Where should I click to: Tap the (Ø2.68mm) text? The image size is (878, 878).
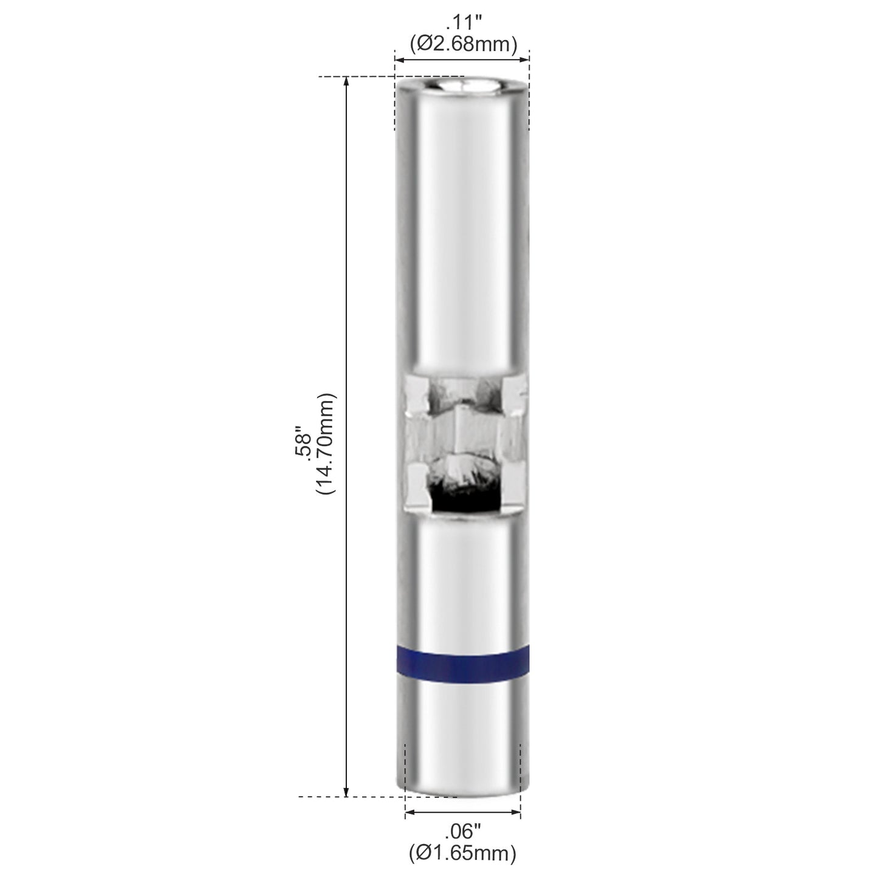pyautogui.click(x=464, y=44)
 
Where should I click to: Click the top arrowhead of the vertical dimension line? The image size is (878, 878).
pyautogui.click(x=346, y=82)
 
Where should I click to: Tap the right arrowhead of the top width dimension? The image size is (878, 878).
pyautogui.click(x=526, y=60)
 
